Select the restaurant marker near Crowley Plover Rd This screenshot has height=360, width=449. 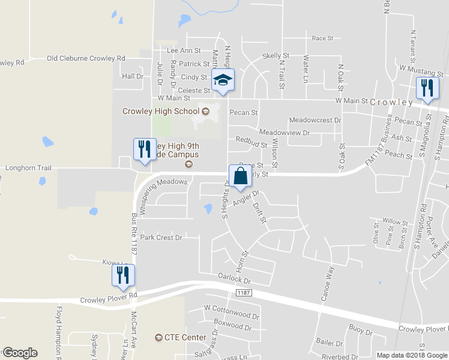click(123, 275)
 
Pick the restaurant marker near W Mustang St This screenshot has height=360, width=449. click(427, 88)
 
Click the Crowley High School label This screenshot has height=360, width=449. click(161, 111)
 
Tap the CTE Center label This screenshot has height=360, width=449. click(185, 338)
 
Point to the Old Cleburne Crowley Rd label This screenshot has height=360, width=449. click(86, 58)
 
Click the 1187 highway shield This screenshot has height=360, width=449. click(243, 293)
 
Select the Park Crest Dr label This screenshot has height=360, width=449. click(161, 238)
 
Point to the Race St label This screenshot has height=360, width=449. click(322, 38)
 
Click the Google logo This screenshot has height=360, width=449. click(19, 353)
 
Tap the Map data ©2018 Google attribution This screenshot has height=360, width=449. click(412, 355)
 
